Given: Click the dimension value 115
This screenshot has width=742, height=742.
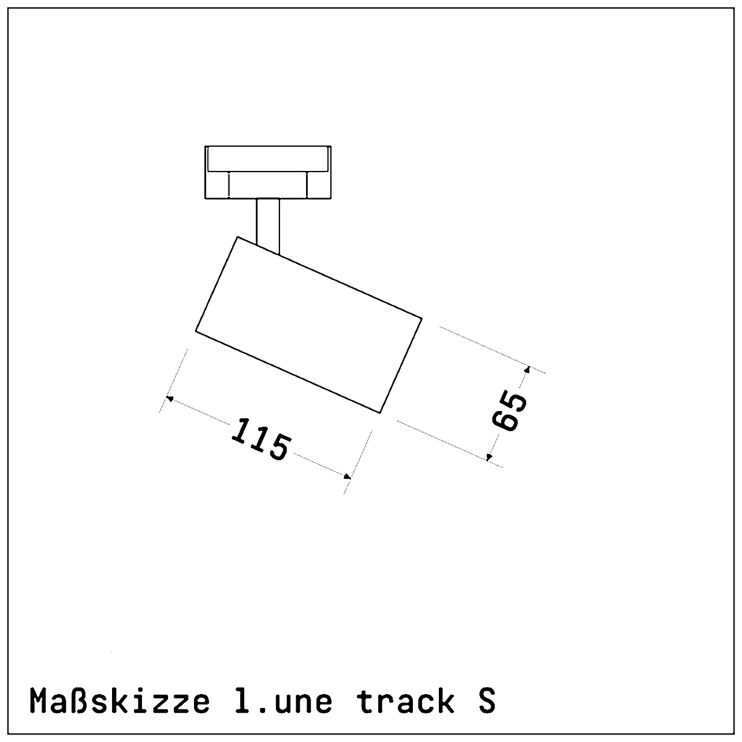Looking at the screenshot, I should (260, 440).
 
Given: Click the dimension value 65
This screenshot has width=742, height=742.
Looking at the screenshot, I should (510, 411).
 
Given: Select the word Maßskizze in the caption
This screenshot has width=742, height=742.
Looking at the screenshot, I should (120, 701).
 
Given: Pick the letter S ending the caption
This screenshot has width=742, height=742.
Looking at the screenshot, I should (487, 701).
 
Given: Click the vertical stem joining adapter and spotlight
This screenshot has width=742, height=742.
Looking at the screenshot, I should (268, 224).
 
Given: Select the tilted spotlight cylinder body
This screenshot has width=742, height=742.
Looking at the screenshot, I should (309, 325).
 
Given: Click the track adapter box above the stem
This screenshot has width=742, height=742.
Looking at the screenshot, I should (268, 172).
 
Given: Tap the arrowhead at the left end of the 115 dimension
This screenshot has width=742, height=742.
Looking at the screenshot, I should (170, 398).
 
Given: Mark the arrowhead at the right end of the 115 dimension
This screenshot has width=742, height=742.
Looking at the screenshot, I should (348, 476).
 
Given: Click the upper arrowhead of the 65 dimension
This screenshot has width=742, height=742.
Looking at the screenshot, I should (527, 368).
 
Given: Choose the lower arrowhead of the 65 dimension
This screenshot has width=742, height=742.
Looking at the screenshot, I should (489, 457).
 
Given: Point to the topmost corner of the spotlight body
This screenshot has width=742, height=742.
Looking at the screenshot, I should (237, 237).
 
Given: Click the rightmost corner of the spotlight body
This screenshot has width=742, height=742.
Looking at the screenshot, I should (422, 318).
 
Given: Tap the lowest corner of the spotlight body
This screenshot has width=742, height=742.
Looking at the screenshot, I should (379, 413).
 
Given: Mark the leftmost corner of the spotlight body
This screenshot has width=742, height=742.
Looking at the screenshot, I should (196, 331).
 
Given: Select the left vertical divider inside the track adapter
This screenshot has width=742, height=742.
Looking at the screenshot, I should (229, 185).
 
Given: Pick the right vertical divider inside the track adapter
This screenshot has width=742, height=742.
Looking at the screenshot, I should (307, 185).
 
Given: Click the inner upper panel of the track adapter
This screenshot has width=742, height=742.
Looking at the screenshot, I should (268, 159).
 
